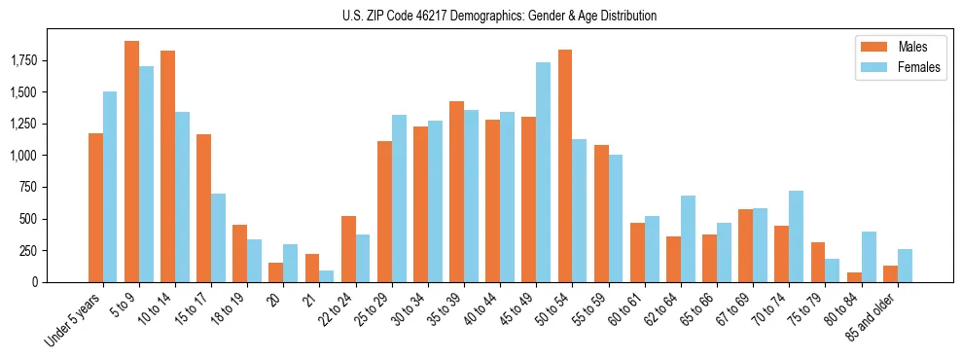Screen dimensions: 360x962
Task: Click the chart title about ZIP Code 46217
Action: [499, 16]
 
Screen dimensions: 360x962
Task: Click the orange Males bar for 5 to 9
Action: [131, 162]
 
